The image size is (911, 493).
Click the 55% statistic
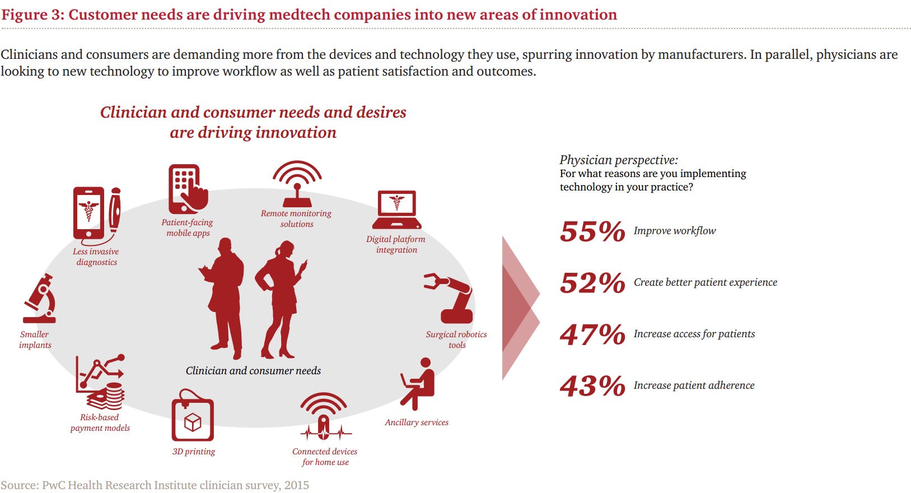pyautogui.click(x=592, y=231)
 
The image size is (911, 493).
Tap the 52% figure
pyautogui.click(x=592, y=283)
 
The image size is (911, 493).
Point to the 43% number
pyautogui.click(x=592, y=386)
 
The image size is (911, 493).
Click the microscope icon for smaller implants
pyautogui.click(x=39, y=299)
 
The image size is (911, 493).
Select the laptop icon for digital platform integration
pyautogui.click(x=397, y=210)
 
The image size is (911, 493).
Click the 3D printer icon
pyautogui.click(x=193, y=416)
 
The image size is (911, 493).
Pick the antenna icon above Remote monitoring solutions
pyautogui.click(x=297, y=184)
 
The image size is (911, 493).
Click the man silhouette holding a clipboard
pyautogui.click(x=223, y=299)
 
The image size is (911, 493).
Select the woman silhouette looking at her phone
pyautogui.click(x=281, y=300)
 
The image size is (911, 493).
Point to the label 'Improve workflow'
pyautogui.click(x=675, y=231)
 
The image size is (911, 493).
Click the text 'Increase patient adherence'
pyautogui.click(x=694, y=385)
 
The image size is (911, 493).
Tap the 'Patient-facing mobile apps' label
pyautogui.click(x=188, y=228)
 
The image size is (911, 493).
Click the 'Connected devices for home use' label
pyautogui.click(x=325, y=457)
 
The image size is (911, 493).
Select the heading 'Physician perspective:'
pyautogui.click(x=619, y=160)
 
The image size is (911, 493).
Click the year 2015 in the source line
pyautogui.click(x=297, y=485)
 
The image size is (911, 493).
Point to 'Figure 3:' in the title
pyautogui.click(x=33, y=15)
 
